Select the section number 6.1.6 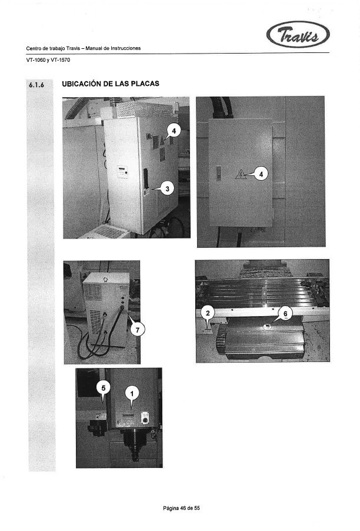pos(36,86)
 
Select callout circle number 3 pos(168,188)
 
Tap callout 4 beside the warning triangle pos(262,174)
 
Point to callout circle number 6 pos(284,314)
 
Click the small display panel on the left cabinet pos(121,171)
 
